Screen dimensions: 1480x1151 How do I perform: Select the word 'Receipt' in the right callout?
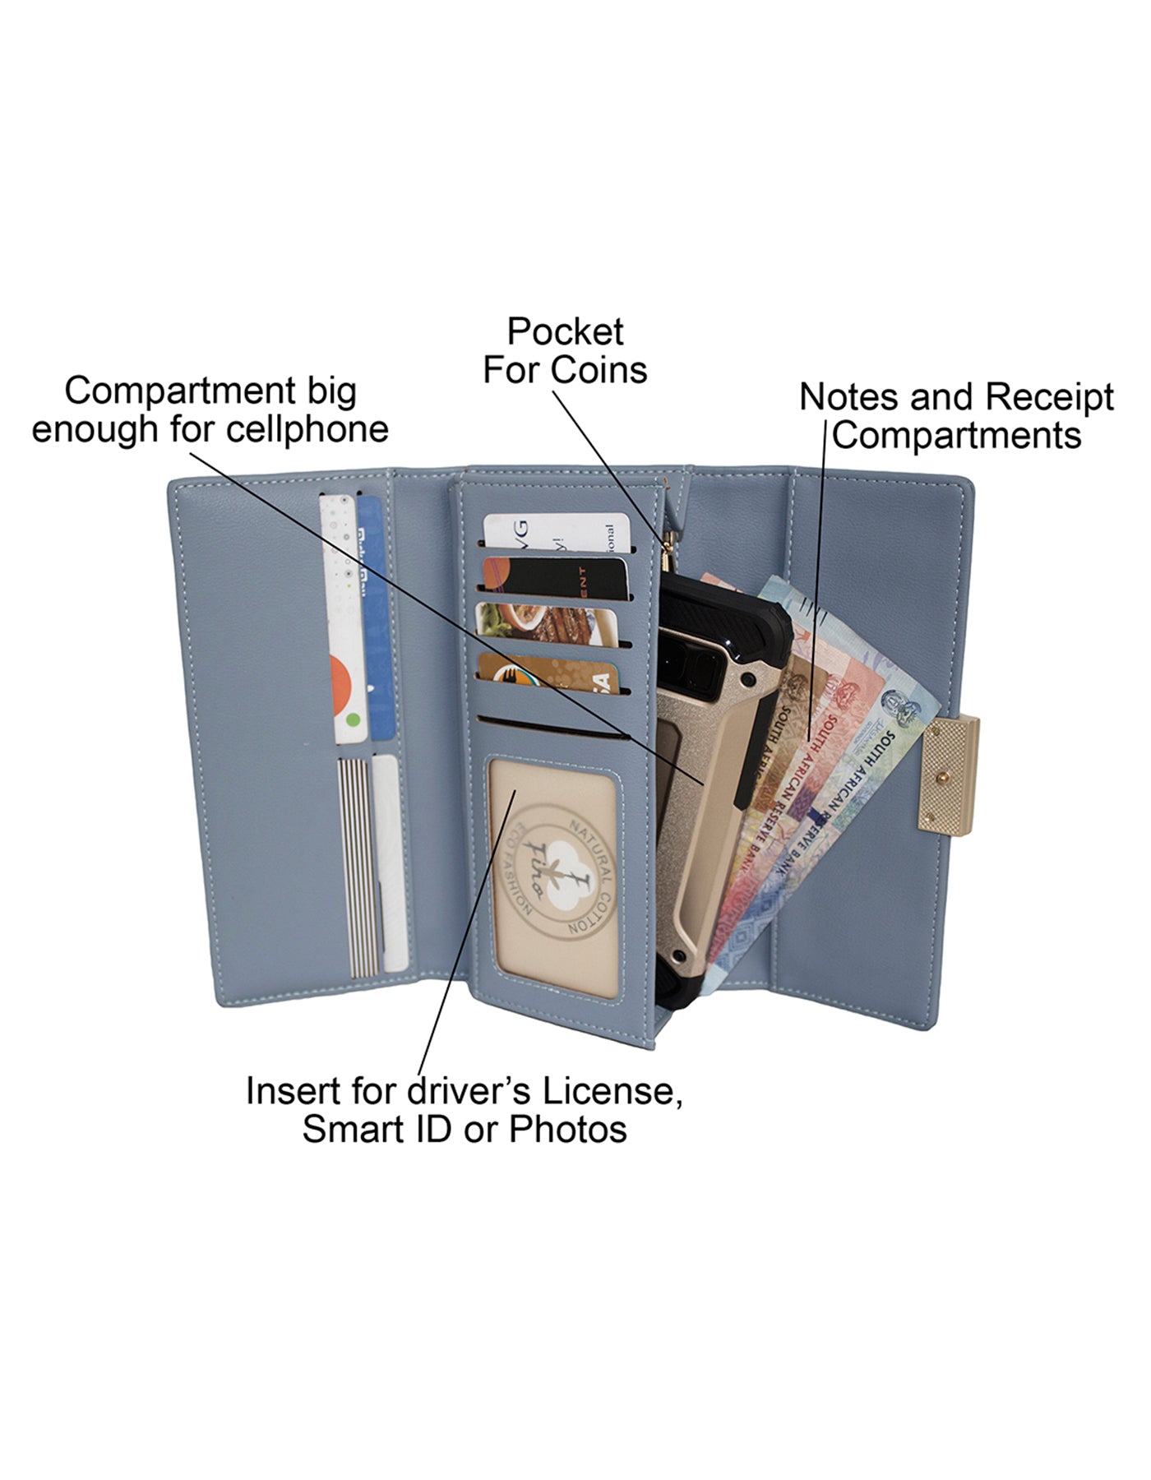click(x=1050, y=397)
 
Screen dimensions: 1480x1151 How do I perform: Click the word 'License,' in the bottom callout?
click(x=612, y=1092)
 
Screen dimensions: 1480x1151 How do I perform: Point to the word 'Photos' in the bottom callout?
click(x=567, y=1129)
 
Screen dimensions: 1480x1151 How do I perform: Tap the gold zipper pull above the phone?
click(x=670, y=546)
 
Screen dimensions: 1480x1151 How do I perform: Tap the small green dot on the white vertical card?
click(x=354, y=720)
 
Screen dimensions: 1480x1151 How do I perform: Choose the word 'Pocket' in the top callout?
click(x=565, y=332)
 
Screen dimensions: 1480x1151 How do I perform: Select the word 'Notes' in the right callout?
click(x=850, y=397)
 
